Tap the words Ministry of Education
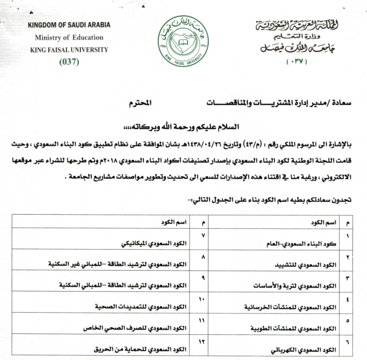(x=68, y=38)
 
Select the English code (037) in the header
(x=69, y=62)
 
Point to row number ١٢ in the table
(x=202, y=340)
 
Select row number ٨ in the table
(x=202, y=257)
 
